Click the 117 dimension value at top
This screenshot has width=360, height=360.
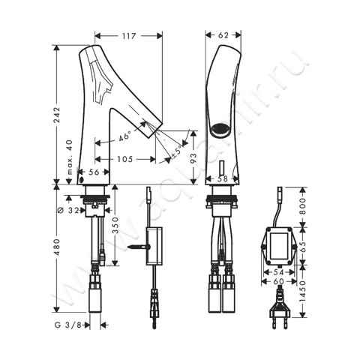(129, 34)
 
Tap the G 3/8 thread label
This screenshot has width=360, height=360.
(68, 325)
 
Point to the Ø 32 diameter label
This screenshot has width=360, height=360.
(74, 210)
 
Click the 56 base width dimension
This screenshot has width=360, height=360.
(95, 172)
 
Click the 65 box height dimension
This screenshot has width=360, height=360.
(304, 245)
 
